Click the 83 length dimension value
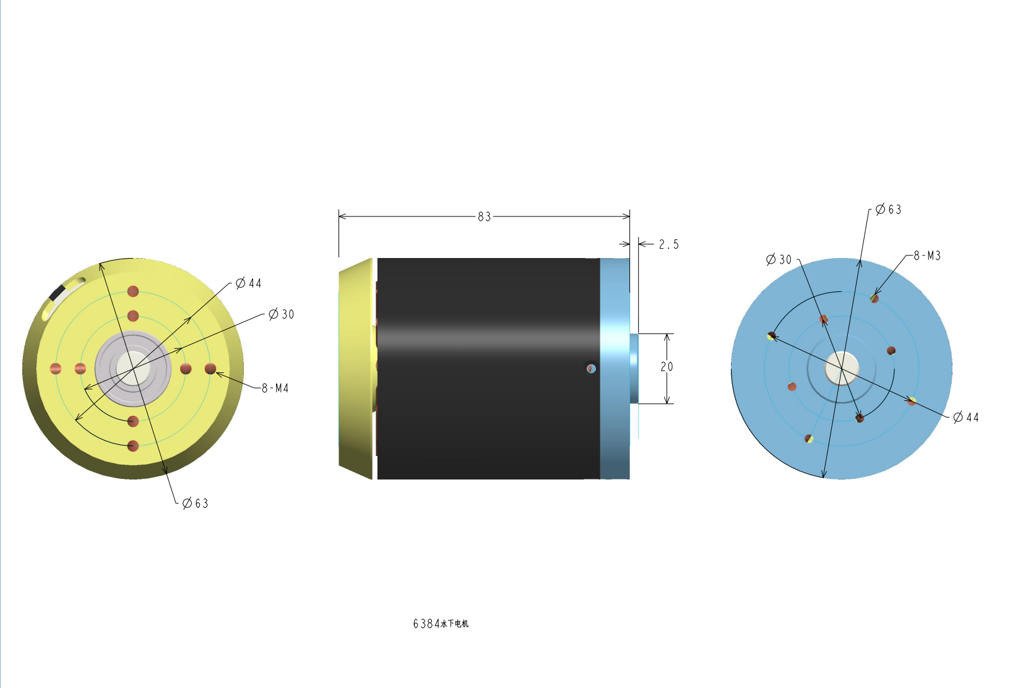point(484,217)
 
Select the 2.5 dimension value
point(669,244)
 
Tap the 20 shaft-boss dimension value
point(667,367)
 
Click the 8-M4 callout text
point(275,388)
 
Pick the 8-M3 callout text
point(927,256)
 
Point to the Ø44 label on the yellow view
point(248,283)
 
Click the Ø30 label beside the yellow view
point(281,314)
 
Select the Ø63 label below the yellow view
point(195,503)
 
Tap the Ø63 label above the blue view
point(889,210)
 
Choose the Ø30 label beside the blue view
point(779,259)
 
